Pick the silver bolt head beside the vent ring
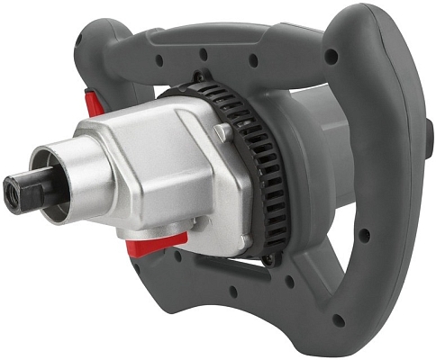point(221,134)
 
